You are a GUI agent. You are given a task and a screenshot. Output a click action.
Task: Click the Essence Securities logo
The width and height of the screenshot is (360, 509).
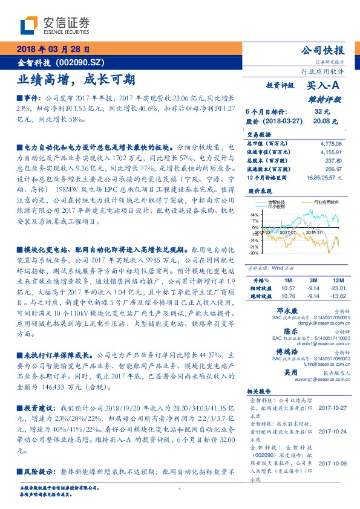coord(54,26)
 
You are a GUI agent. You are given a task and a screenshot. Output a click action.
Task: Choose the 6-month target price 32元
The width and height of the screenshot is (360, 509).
coord(322,112)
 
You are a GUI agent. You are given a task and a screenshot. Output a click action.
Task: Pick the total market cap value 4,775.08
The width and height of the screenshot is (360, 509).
coord(330,143)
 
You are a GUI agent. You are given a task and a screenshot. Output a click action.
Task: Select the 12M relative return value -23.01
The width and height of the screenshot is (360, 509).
coord(336,289)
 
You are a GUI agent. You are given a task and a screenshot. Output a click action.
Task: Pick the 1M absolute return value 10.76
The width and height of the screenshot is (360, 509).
coord(287,296)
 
